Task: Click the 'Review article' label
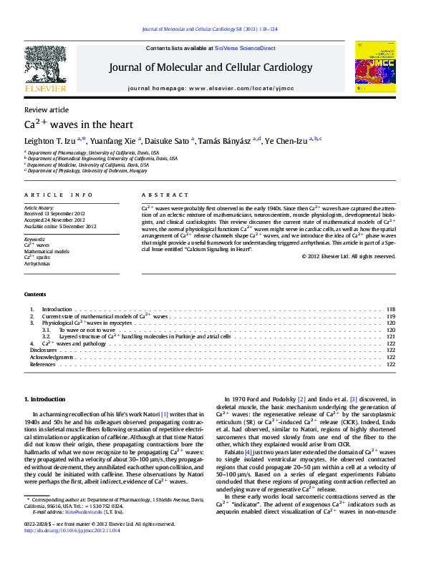pyautogui.click(x=47, y=109)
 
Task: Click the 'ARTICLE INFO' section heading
pyautogui.click(x=58, y=195)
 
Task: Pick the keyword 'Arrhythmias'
pyautogui.click(x=37, y=263)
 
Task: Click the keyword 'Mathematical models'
pyautogui.click(x=47, y=251)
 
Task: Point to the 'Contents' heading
pyautogui.click(x=35, y=294)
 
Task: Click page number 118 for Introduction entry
pyautogui.click(x=391, y=309)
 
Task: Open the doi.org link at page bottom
pyautogui.click(x=72, y=550)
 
